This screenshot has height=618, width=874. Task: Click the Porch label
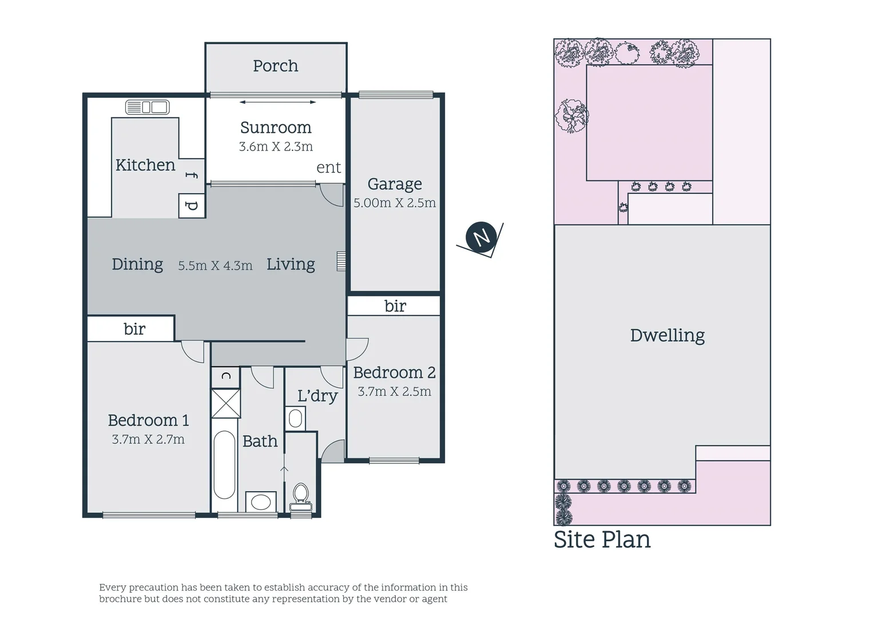275,66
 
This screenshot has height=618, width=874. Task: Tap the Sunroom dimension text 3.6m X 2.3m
276,146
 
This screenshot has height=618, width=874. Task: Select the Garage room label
395,184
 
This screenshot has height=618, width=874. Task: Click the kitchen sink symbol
147,107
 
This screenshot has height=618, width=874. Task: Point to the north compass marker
480,236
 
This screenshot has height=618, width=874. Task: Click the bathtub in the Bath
224,465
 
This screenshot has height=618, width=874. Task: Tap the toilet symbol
301,496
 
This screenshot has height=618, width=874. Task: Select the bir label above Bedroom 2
395,306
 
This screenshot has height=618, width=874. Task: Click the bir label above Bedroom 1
134,329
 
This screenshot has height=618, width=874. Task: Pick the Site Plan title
602,540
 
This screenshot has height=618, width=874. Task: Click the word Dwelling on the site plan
667,335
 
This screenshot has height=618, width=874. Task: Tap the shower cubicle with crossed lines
225,403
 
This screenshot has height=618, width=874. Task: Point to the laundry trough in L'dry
295,418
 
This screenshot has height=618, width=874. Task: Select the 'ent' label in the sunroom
328,168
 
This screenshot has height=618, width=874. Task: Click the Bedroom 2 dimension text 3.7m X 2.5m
394,391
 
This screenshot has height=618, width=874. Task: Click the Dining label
137,264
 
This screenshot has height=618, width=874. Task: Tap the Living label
291,264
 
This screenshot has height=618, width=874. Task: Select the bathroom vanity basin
261,502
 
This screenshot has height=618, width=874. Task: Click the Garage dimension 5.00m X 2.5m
395,203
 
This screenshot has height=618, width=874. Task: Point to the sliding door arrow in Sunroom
277,102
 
